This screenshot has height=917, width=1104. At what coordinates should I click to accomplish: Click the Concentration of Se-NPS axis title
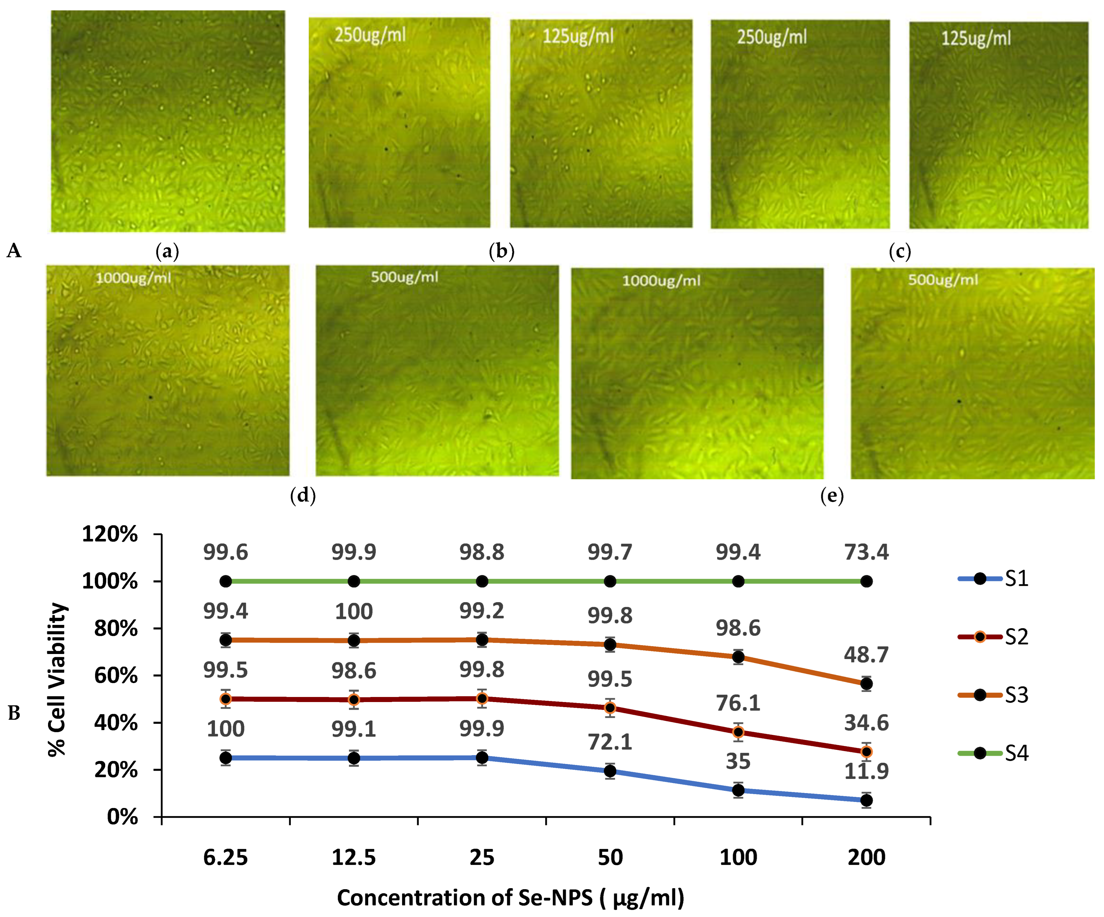pyautogui.click(x=510, y=897)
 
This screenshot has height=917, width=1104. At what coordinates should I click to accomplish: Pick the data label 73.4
pyautogui.click(x=866, y=553)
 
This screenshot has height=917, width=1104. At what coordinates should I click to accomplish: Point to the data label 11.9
pyautogui.click(x=866, y=771)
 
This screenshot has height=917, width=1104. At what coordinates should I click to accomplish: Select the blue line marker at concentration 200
pyautogui.click(x=866, y=800)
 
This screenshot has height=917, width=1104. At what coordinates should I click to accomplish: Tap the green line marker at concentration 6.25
pyautogui.click(x=226, y=581)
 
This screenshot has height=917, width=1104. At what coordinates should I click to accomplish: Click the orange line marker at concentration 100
pyautogui.click(x=738, y=657)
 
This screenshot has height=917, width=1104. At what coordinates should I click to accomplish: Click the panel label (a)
pyautogui.click(x=167, y=252)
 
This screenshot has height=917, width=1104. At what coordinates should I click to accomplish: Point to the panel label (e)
pyautogui.click(x=832, y=496)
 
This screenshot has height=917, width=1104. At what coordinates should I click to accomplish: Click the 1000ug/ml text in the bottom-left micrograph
pyautogui.click(x=133, y=278)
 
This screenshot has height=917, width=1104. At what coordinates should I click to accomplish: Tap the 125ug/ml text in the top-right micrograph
pyautogui.click(x=976, y=38)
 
